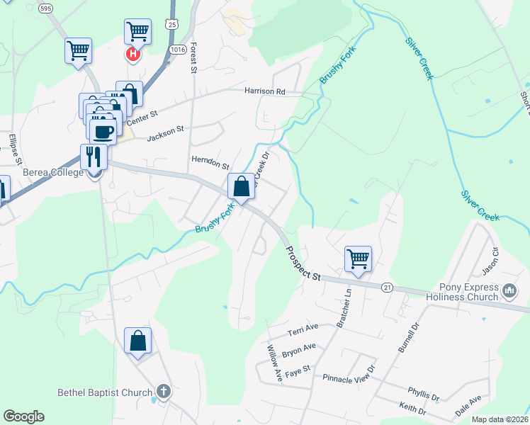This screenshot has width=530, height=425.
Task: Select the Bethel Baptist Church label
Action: click(105, 392)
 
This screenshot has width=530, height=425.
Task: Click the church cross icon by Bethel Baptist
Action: click(163, 391)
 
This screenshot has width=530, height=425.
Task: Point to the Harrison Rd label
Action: click(264, 91)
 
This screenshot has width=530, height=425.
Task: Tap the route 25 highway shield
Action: click(172, 24)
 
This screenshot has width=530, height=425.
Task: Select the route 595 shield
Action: click(46, 8)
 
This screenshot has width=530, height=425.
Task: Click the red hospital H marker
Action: click(132, 53)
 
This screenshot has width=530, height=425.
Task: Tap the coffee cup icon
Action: click(103, 131)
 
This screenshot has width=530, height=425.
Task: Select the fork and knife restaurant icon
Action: click(94, 156)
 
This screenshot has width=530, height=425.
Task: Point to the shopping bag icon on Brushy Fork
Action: click(241, 187)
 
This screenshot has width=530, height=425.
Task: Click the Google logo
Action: click(23, 416)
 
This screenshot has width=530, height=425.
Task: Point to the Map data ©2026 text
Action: click(499, 419)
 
